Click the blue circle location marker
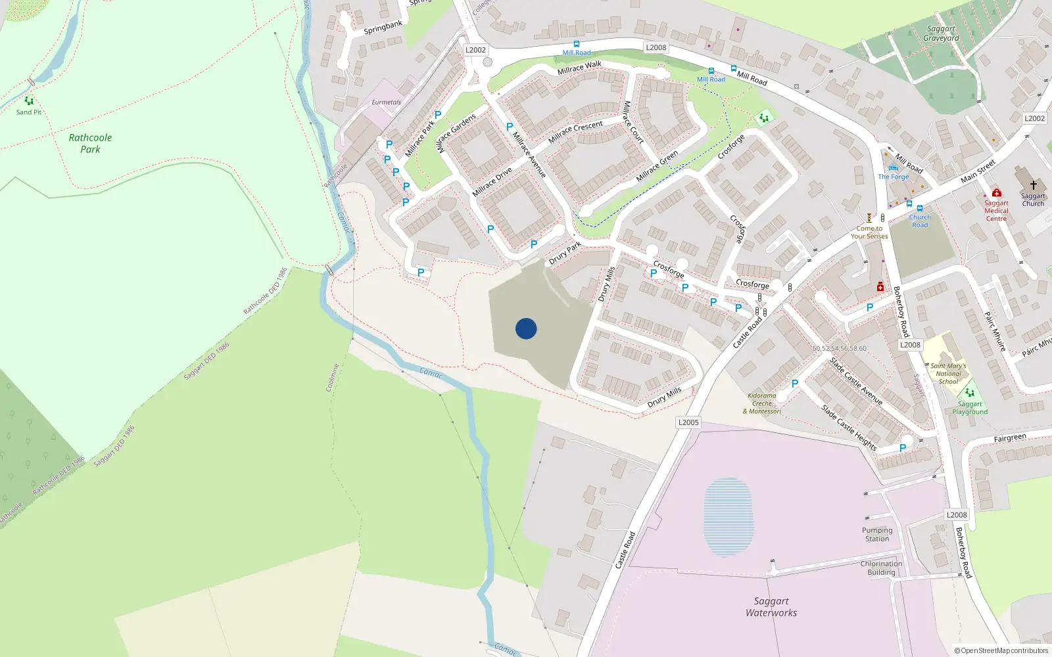(x=526, y=328)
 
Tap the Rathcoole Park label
(x=90, y=143)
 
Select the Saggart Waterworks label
(x=771, y=606)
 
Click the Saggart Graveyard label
(x=941, y=34)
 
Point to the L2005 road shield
(x=688, y=422)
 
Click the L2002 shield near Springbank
(x=475, y=50)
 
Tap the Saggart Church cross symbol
(x=1033, y=185)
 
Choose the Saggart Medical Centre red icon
(x=997, y=193)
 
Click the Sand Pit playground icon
(x=29, y=101)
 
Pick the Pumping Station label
(x=877, y=534)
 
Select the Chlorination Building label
(x=881, y=568)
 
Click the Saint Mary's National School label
(x=948, y=373)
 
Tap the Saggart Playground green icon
(x=969, y=393)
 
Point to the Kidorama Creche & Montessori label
(x=762, y=403)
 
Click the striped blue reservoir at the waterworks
(x=728, y=516)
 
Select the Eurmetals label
(x=386, y=102)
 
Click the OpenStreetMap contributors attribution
(x=1001, y=650)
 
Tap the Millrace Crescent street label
(x=575, y=131)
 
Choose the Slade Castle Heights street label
(x=848, y=428)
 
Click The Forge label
(x=893, y=177)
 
